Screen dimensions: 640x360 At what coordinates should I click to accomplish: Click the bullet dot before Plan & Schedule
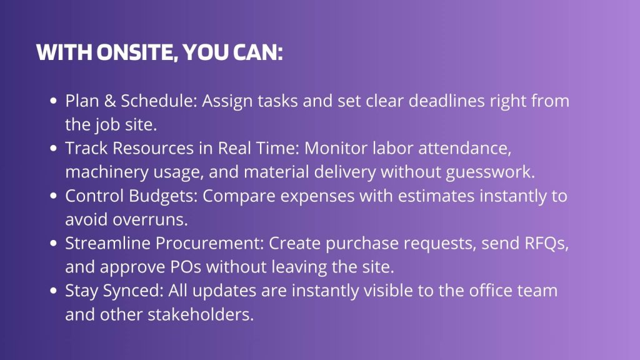(53, 101)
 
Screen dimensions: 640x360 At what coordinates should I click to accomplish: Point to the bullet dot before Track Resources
(53, 148)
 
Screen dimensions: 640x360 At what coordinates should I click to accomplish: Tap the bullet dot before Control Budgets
(53, 196)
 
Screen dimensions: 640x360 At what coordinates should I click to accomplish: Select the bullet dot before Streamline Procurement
(53, 243)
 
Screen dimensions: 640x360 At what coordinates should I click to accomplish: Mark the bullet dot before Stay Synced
(53, 291)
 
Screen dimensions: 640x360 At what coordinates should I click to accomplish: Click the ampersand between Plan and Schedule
(110, 101)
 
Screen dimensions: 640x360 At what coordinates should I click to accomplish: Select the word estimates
(436, 196)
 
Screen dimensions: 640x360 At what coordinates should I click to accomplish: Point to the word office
(491, 291)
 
